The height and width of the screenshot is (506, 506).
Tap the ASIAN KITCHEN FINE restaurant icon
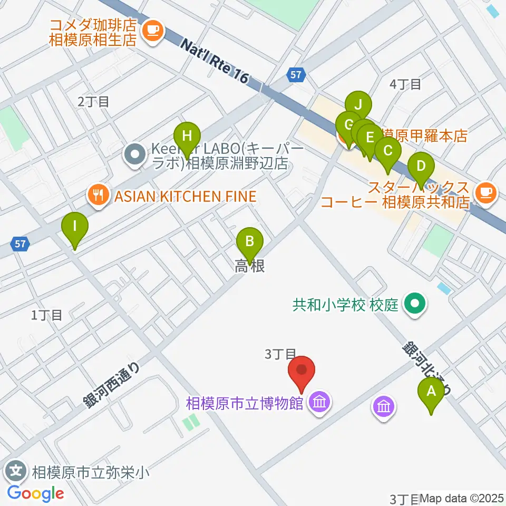coord(96,197)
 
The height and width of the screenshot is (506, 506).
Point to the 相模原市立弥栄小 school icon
coord(17,469)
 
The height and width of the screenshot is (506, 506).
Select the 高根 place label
coord(249,267)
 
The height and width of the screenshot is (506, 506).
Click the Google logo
coord(35,493)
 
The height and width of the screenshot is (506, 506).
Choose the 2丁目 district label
coord(93,102)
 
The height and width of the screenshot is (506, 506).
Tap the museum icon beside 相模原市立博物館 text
coord(320,403)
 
